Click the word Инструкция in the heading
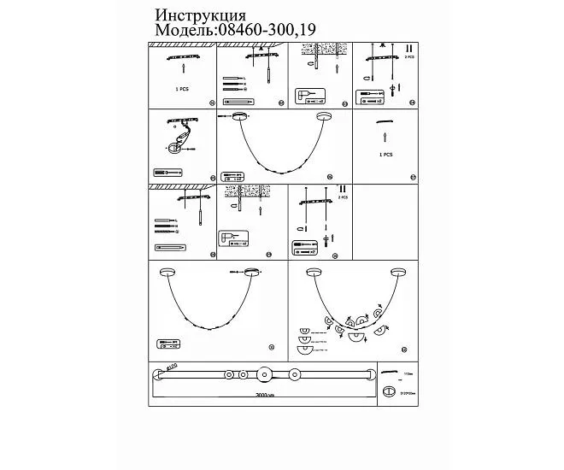click(x=201, y=16)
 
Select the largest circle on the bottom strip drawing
click(x=265, y=374)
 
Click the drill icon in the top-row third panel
click(x=305, y=95)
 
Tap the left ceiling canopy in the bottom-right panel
click(x=312, y=272)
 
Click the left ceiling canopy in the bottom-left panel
click(x=168, y=273)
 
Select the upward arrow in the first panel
click(x=181, y=74)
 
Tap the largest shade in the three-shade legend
click(x=304, y=347)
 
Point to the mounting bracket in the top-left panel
click(x=181, y=58)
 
